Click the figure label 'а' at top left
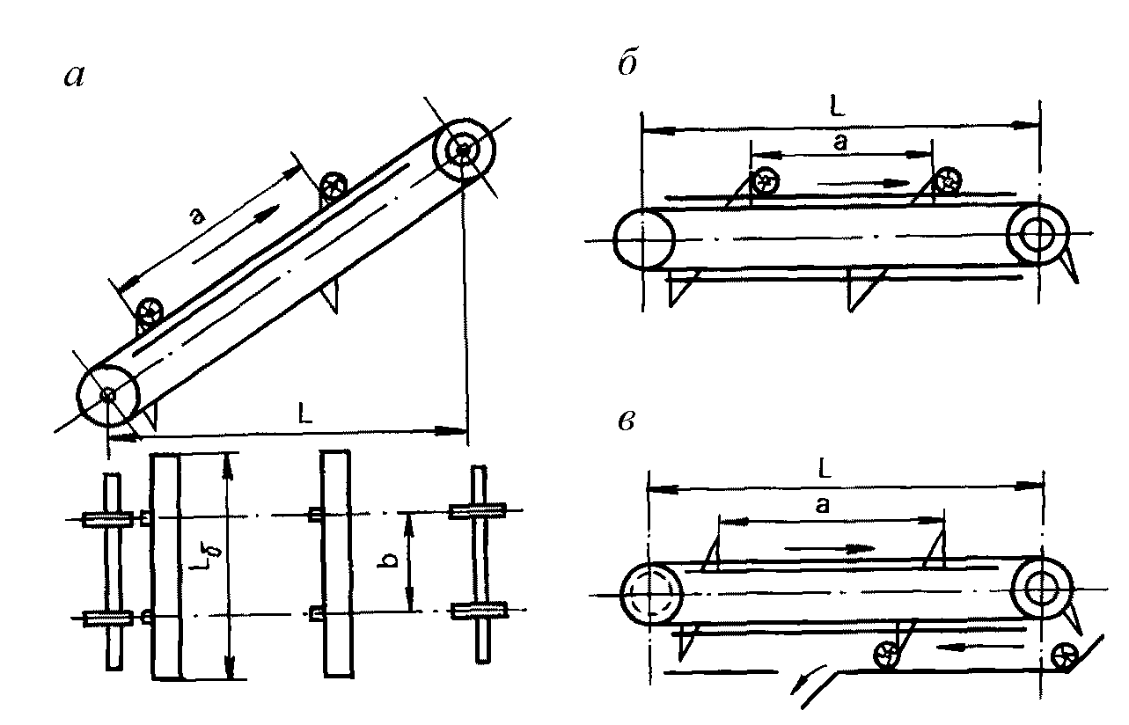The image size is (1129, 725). pos(74,77)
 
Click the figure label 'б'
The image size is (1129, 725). pos(628,64)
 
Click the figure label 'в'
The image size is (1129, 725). pos(627,421)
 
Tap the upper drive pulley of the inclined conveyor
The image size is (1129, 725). pos(464,150)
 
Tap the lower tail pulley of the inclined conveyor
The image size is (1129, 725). pos(108,396)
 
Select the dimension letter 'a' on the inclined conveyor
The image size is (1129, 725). pos(197,216)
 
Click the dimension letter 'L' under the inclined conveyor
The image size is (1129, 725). pos(305,413)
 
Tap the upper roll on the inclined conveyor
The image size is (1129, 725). pos(334,187)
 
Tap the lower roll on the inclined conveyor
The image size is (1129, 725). pos(150,311)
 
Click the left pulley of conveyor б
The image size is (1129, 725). pos(644,239)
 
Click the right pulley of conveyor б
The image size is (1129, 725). pos(1037,234)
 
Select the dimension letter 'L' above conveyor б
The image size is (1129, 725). pos(837,106)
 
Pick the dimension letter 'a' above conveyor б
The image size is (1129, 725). pos(839,143)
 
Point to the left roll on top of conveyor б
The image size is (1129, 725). pos(766,181)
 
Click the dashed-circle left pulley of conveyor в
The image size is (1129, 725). pos(650,594)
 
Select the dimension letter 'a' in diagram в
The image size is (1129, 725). pos(822,504)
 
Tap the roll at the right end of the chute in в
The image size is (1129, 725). pos(1065,657)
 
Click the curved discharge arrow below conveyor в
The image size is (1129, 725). pos(806,678)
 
